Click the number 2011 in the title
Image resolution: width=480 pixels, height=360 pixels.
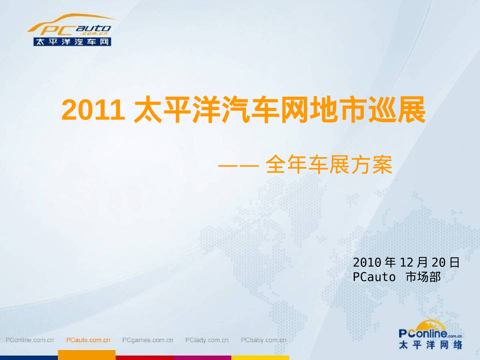pos(93,110)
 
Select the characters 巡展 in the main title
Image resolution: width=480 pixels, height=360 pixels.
pos(396,110)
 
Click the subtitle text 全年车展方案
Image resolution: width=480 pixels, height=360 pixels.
pos(329,165)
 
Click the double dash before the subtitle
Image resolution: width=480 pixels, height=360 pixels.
pos(238,166)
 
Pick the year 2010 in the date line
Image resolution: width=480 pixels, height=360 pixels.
pos(367,263)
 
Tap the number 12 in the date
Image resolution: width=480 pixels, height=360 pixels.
pos(406,263)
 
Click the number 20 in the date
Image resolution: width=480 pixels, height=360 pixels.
pos(438,263)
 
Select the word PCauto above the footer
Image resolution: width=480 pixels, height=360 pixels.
pos(374,277)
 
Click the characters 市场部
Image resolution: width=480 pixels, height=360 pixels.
pos(423,277)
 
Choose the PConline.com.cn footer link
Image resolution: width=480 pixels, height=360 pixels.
pos(30,340)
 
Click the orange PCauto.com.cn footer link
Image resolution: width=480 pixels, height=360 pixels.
pos(88,340)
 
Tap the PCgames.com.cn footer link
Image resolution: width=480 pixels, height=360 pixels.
pos(148,340)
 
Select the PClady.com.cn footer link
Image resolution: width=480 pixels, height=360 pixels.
pos(207,340)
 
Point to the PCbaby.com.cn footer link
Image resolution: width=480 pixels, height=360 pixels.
pos(263,340)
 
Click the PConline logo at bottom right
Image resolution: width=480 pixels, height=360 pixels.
pos(430,334)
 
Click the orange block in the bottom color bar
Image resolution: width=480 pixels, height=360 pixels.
pos(86,355)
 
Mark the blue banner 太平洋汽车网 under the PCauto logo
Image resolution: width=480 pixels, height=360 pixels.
pos(72,42)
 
